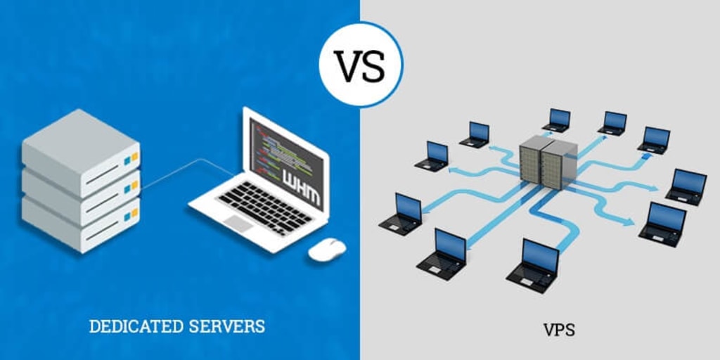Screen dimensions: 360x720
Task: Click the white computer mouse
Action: (x=327, y=249)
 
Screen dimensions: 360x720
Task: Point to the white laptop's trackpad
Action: (x=238, y=224)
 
